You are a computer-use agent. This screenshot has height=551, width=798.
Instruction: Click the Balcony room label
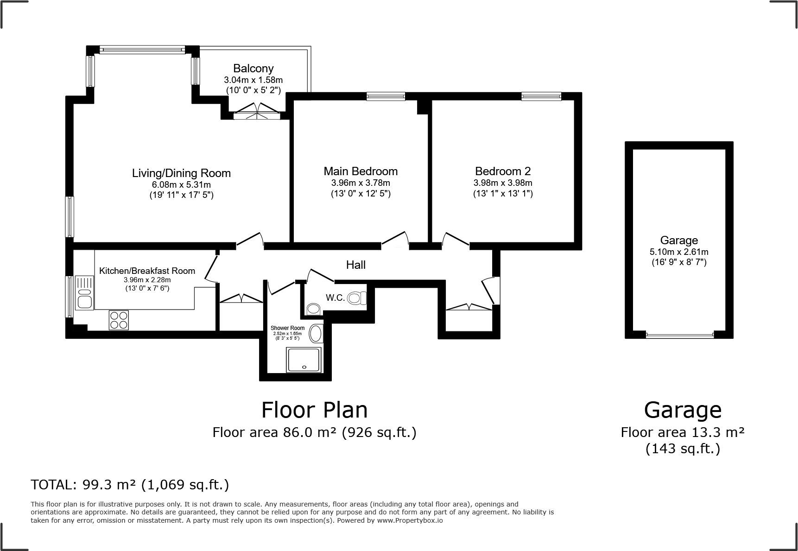pyautogui.click(x=253, y=69)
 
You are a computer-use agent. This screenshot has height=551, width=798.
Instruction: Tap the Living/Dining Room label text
pyautogui.click(x=181, y=173)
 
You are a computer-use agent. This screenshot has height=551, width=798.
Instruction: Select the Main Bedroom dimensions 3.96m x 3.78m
pyautogui.click(x=361, y=183)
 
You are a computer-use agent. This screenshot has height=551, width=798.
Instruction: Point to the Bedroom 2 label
pyautogui.click(x=503, y=171)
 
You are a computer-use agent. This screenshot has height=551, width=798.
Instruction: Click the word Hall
pyautogui.click(x=356, y=265)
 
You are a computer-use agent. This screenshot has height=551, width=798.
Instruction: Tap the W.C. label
pyautogui.click(x=335, y=298)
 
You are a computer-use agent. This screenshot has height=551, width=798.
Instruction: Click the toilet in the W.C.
pyautogui.click(x=357, y=297)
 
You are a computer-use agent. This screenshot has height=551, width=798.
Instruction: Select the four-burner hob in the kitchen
pyautogui.click(x=119, y=320)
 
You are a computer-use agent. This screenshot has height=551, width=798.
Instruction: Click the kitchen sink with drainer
pyautogui.click(x=85, y=292)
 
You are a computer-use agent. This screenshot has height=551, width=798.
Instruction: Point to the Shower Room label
pyautogui.click(x=287, y=328)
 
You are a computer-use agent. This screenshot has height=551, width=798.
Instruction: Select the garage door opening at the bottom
pyautogui.click(x=679, y=335)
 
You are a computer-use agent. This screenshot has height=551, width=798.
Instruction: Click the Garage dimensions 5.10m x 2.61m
pyautogui.click(x=679, y=252)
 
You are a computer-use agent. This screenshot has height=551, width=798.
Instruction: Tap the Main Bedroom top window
pyautogui.click(x=386, y=96)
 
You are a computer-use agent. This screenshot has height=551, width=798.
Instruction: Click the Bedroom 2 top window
pyautogui.click(x=541, y=96)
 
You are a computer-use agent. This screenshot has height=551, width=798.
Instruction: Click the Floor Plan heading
pyautogui.click(x=315, y=410)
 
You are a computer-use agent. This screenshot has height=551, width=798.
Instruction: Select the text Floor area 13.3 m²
pyautogui.click(x=683, y=432)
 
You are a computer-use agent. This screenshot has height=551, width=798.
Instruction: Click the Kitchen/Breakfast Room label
pyautogui.click(x=147, y=271)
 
